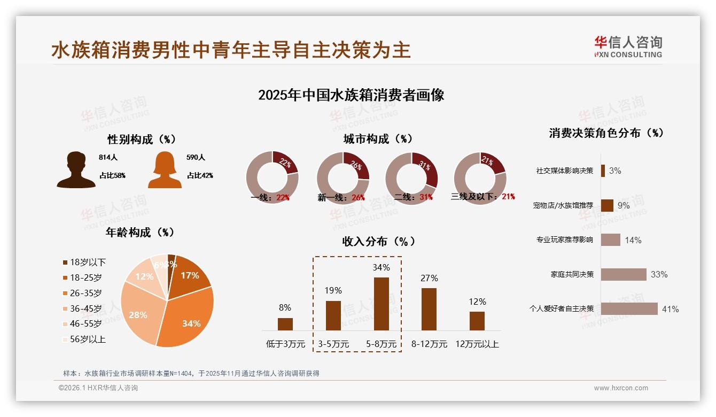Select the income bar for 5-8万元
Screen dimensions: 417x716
tap(381, 304)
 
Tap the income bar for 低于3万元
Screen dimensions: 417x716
tap(285, 324)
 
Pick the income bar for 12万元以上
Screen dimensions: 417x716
tap(477, 321)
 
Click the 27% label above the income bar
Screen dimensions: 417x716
tap(429, 278)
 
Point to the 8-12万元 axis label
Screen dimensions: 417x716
tap(429, 344)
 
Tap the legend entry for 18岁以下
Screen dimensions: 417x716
tap(84, 262)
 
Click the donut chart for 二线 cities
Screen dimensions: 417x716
tap(411, 177)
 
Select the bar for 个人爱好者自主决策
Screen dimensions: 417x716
tap(629, 308)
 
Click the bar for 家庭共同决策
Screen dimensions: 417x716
tap(624, 274)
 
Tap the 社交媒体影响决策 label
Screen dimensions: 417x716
tap(565, 171)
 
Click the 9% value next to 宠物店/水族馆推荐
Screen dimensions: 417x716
tap(623, 205)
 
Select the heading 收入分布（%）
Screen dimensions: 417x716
tap(378, 241)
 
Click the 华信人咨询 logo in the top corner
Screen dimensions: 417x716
tap(628, 47)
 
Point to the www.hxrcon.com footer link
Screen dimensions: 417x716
tap(621, 388)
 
